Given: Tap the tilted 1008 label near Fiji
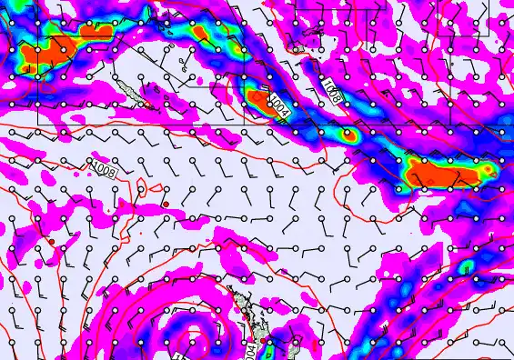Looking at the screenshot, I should [x=333, y=91].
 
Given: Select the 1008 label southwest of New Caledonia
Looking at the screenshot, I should [x=104, y=167].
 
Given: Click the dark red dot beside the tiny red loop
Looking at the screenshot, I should [x=166, y=203].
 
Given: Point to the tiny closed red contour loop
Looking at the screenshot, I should [x=156, y=188].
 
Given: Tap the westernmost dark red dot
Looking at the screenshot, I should [x=52, y=242].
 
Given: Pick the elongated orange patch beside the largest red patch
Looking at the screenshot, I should [x=96, y=31].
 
